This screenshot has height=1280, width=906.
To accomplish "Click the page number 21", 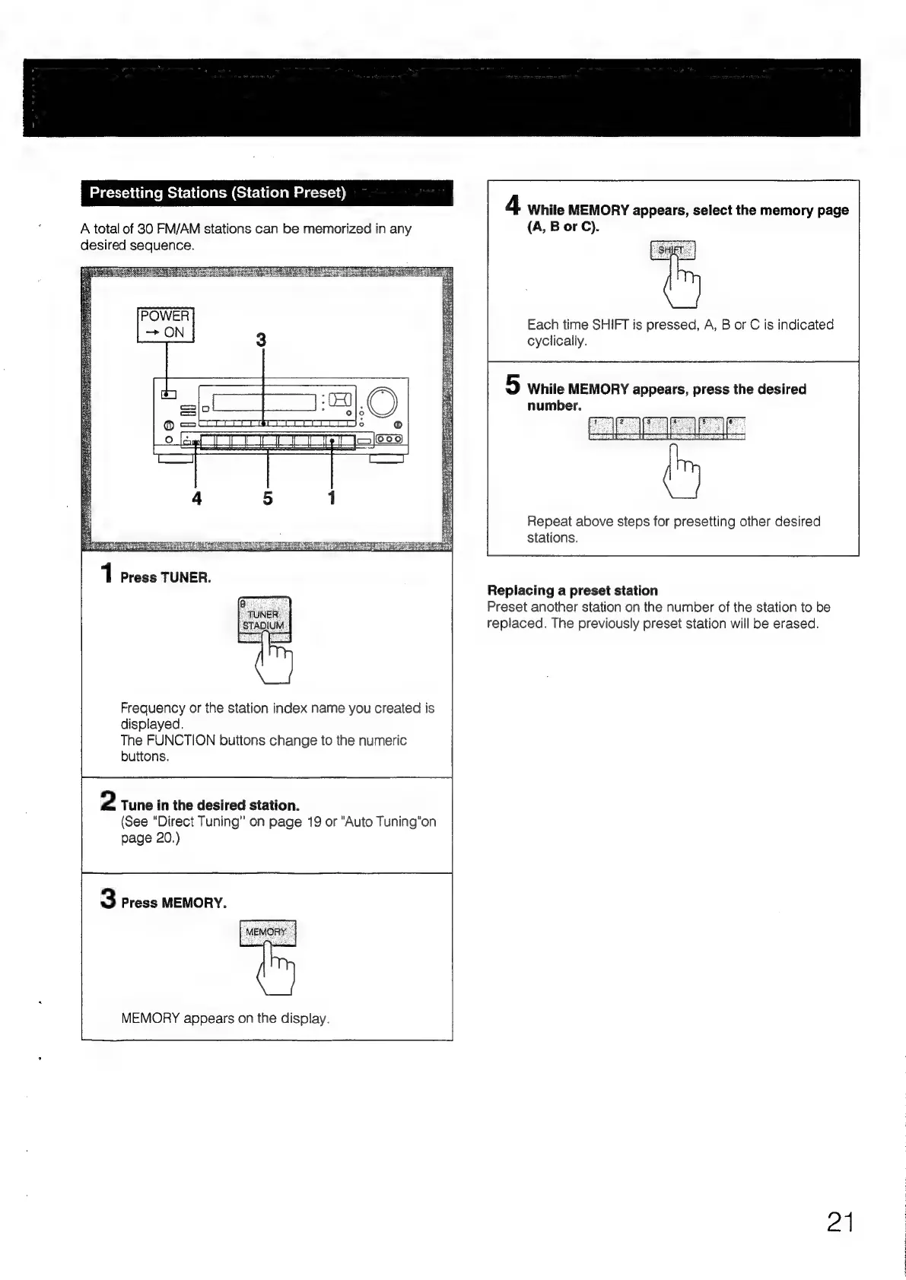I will pyautogui.click(x=840, y=1222).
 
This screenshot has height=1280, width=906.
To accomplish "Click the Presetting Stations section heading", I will pyautogui.click(x=218, y=193).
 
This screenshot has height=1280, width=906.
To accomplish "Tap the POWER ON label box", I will pyautogui.click(x=166, y=325).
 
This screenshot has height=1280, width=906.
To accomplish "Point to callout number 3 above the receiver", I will pyautogui.click(x=261, y=340).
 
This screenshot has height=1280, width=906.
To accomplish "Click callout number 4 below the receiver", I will pyautogui.click(x=196, y=498).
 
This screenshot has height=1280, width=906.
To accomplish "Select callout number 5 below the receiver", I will pyautogui.click(x=268, y=498).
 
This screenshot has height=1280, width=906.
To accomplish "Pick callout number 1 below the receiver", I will pyautogui.click(x=332, y=498).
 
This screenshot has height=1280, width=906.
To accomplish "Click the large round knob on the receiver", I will pyautogui.click(x=382, y=402).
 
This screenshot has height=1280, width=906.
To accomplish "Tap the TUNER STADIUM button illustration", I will pyautogui.click(x=264, y=620).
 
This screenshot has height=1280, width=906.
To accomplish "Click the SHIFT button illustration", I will pyautogui.click(x=672, y=250).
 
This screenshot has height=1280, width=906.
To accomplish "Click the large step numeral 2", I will pyautogui.click(x=109, y=802).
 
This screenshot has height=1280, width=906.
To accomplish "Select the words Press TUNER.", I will pyautogui.click(x=166, y=578).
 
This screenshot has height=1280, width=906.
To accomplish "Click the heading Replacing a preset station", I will pyautogui.click(x=572, y=590).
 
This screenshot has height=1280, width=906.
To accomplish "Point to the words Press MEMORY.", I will pyautogui.click(x=173, y=903).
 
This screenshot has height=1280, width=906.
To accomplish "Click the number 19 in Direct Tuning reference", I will pyautogui.click(x=314, y=822).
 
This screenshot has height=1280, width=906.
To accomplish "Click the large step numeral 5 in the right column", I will pyautogui.click(x=513, y=386).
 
